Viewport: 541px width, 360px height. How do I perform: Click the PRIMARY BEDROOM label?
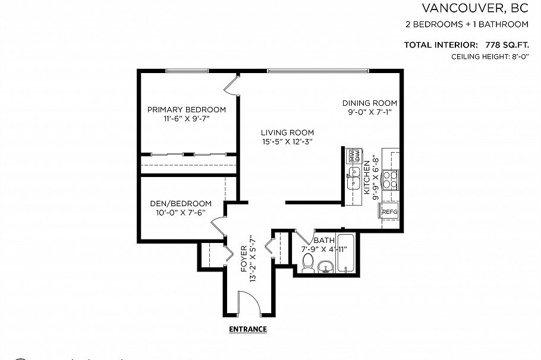point(186,110)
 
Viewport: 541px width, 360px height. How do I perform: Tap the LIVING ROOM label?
point(288,132)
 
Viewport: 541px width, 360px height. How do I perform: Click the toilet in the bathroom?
point(308,263)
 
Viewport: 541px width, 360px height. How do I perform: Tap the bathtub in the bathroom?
point(345,253)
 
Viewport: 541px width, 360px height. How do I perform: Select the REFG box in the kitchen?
point(389,212)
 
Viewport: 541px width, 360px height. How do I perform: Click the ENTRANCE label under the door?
point(248,329)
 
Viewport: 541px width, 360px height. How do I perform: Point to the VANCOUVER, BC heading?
point(475,8)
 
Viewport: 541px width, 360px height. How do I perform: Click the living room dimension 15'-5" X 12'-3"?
point(288,141)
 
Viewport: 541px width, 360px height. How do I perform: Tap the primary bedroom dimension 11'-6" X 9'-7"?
point(186,119)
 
